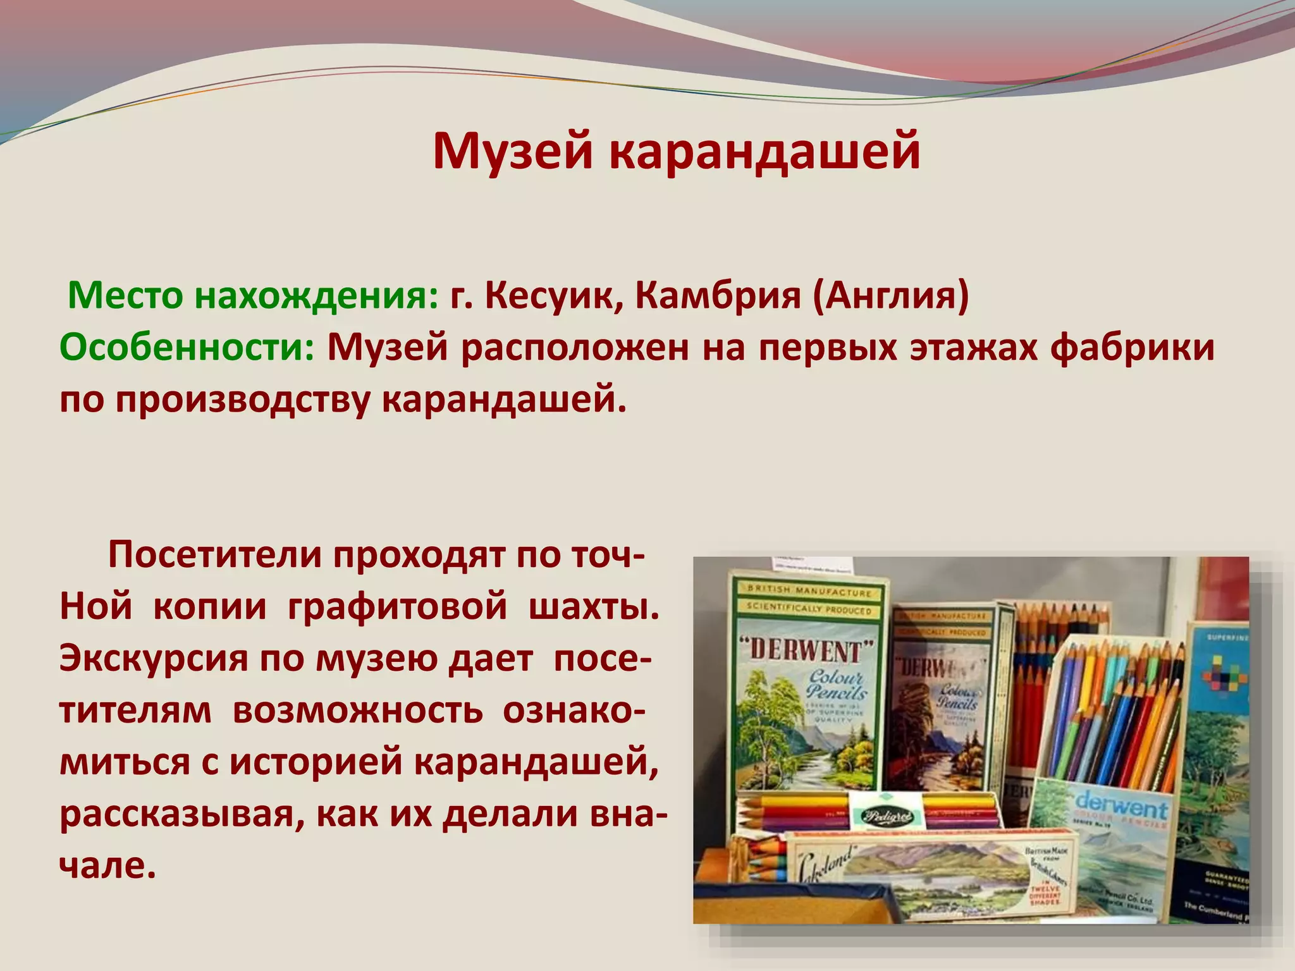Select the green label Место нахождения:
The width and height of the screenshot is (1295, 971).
tap(253, 295)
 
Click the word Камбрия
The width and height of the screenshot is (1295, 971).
tap(718, 295)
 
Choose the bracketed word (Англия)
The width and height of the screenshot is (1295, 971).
tap(890, 295)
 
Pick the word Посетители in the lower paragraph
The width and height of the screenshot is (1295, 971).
tap(215, 555)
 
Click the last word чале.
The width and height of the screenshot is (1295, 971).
tap(107, 865)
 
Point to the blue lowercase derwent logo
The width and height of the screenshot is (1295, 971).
tap(1120, 809)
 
